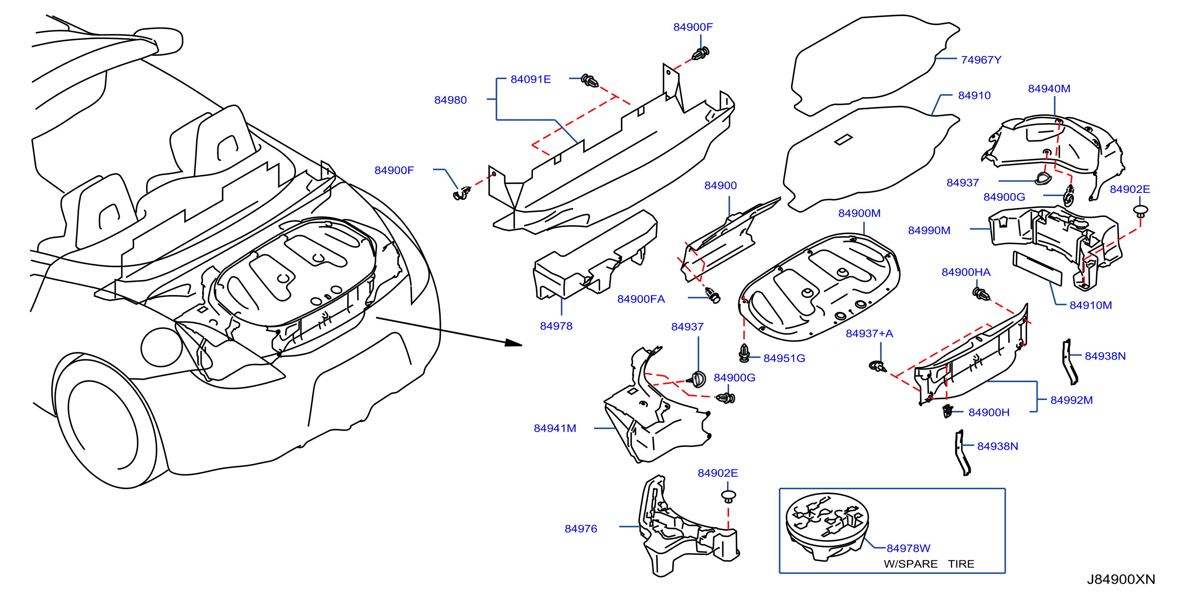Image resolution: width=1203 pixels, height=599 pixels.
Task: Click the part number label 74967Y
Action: point(981,60)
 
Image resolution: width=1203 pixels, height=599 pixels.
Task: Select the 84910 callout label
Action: point(974,95)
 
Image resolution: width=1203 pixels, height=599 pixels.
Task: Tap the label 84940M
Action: point(1049,88)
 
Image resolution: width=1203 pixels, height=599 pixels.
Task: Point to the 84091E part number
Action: point(530,79)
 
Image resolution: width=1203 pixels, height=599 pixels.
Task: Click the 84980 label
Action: point(450,100)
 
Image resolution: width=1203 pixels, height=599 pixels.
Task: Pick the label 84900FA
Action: point(641,299)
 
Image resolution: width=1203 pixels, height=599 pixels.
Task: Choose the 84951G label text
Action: point(784,358)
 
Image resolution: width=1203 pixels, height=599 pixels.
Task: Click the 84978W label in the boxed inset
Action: point(908,548)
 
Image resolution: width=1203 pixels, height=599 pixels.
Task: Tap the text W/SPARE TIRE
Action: point(929,564)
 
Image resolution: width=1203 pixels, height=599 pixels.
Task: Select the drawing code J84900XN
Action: point(1121,579)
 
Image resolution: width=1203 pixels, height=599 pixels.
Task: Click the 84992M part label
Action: point(1071,400)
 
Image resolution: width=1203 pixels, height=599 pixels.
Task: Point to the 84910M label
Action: point(1090,305)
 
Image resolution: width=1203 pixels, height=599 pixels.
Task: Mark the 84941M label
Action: point(555,428)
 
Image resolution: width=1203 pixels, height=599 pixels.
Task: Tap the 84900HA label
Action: point(966,272)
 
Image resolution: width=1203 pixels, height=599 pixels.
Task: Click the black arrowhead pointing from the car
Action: point(513,343)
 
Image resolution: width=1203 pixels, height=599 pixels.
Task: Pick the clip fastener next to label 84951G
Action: point(744,353)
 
